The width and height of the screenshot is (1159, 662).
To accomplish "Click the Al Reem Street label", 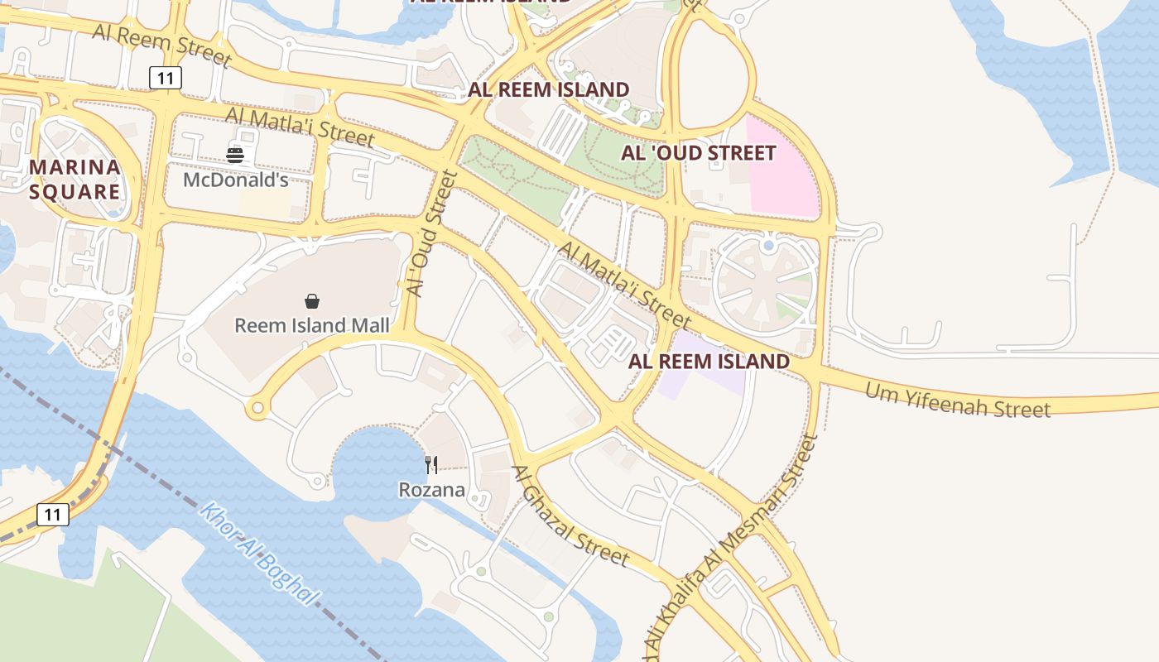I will [x=162, y=45].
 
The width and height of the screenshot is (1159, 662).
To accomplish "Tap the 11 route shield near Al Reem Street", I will [x=166, y=78].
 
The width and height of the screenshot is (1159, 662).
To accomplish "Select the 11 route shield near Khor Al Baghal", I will [x=52, y=515].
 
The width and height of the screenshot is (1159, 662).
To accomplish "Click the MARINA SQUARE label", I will [x=75, y=180].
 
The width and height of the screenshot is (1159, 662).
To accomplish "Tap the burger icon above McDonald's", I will [x=235, y=155].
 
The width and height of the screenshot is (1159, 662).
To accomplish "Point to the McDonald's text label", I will [x=235, y=180].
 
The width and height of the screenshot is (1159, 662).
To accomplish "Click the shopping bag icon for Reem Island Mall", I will [x=312, y=301].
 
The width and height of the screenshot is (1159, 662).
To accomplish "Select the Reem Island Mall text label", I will [x=311, y=325].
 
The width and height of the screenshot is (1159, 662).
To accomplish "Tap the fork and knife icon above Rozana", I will [x=431, y=465].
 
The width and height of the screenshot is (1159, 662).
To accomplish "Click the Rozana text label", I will [x=431, y=490].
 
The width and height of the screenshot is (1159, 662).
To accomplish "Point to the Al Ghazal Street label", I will [x=570, y=516].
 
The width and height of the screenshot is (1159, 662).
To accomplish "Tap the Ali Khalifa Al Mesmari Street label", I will [x=729, y=550].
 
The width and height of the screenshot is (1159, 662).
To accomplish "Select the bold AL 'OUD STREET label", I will [x=699, y=153].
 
